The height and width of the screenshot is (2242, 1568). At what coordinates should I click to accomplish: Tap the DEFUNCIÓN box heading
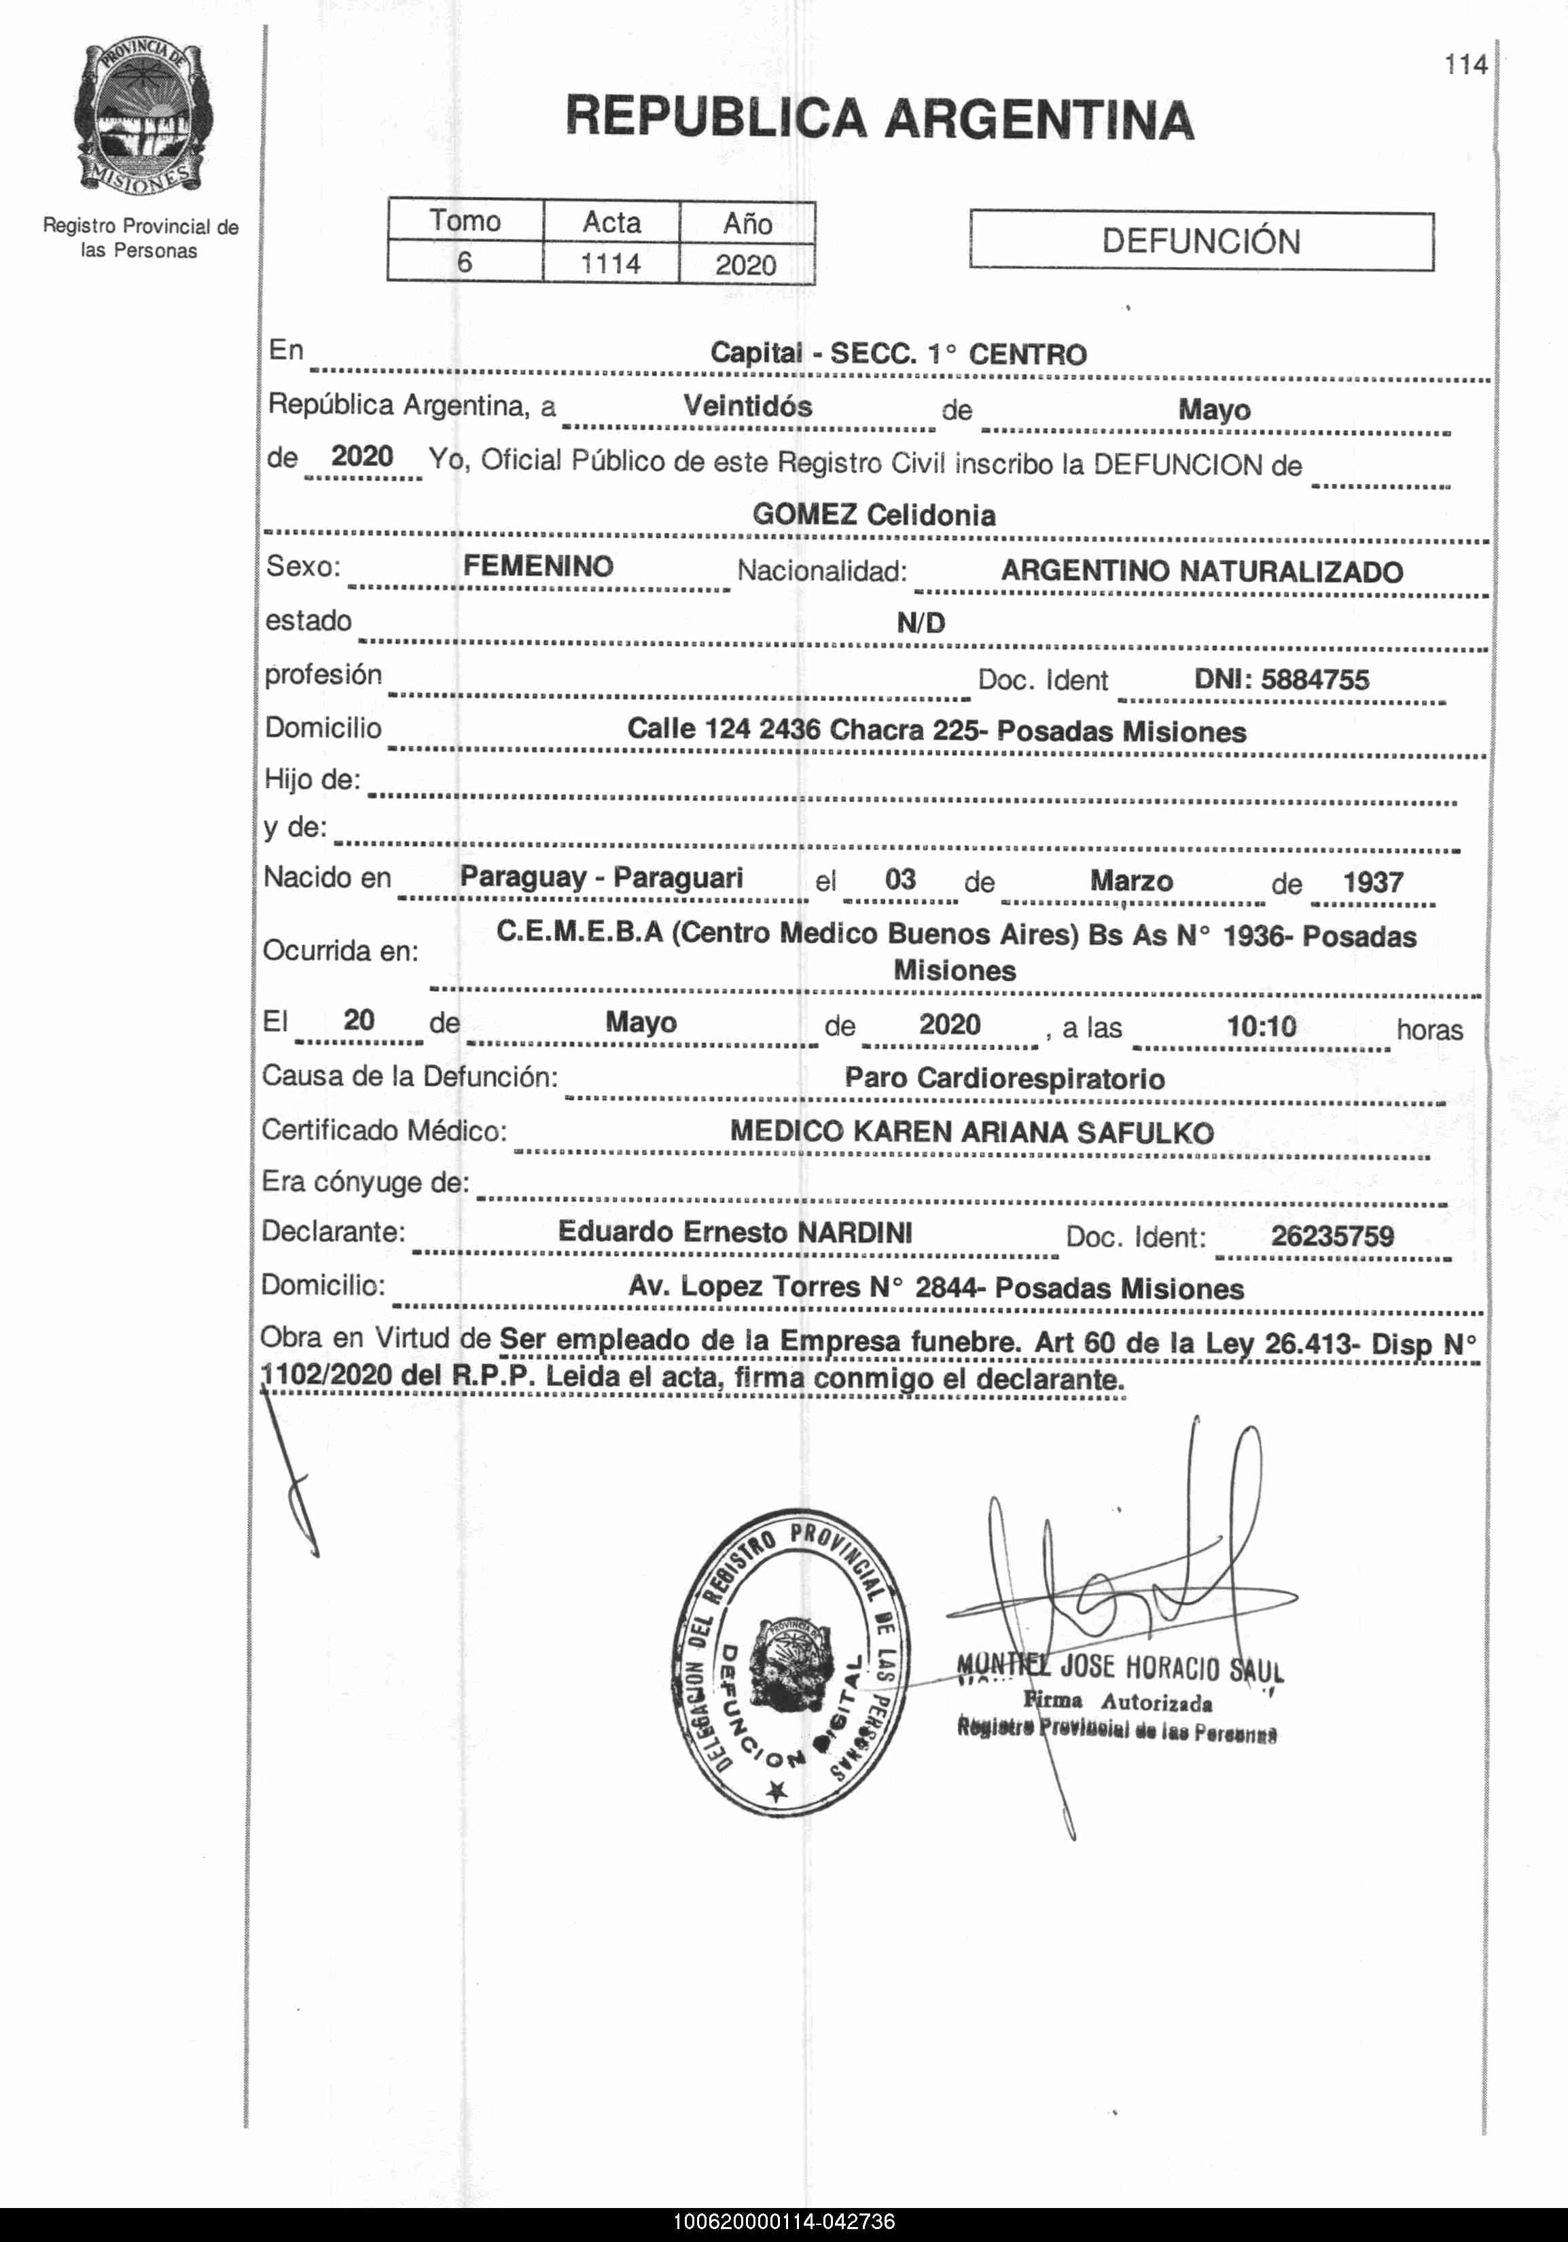click(1201, 241)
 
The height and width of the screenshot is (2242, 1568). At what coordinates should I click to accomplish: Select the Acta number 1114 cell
click(611, 264)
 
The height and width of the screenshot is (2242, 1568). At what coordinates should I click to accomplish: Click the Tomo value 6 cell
click(465, 263)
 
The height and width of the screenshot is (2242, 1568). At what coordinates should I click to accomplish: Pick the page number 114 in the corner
click(1465, 65)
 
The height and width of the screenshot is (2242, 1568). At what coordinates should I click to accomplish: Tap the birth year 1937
click(1373, 882)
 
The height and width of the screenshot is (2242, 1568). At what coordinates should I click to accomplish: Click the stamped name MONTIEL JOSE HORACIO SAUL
click(1120, 1667)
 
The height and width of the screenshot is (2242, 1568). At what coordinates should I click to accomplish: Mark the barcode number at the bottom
click(783, 2222)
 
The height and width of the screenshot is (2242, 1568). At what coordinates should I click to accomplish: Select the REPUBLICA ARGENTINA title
click(880, 118)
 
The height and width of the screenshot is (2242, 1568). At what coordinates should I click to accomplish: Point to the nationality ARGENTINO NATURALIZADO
click(1202, 571)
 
